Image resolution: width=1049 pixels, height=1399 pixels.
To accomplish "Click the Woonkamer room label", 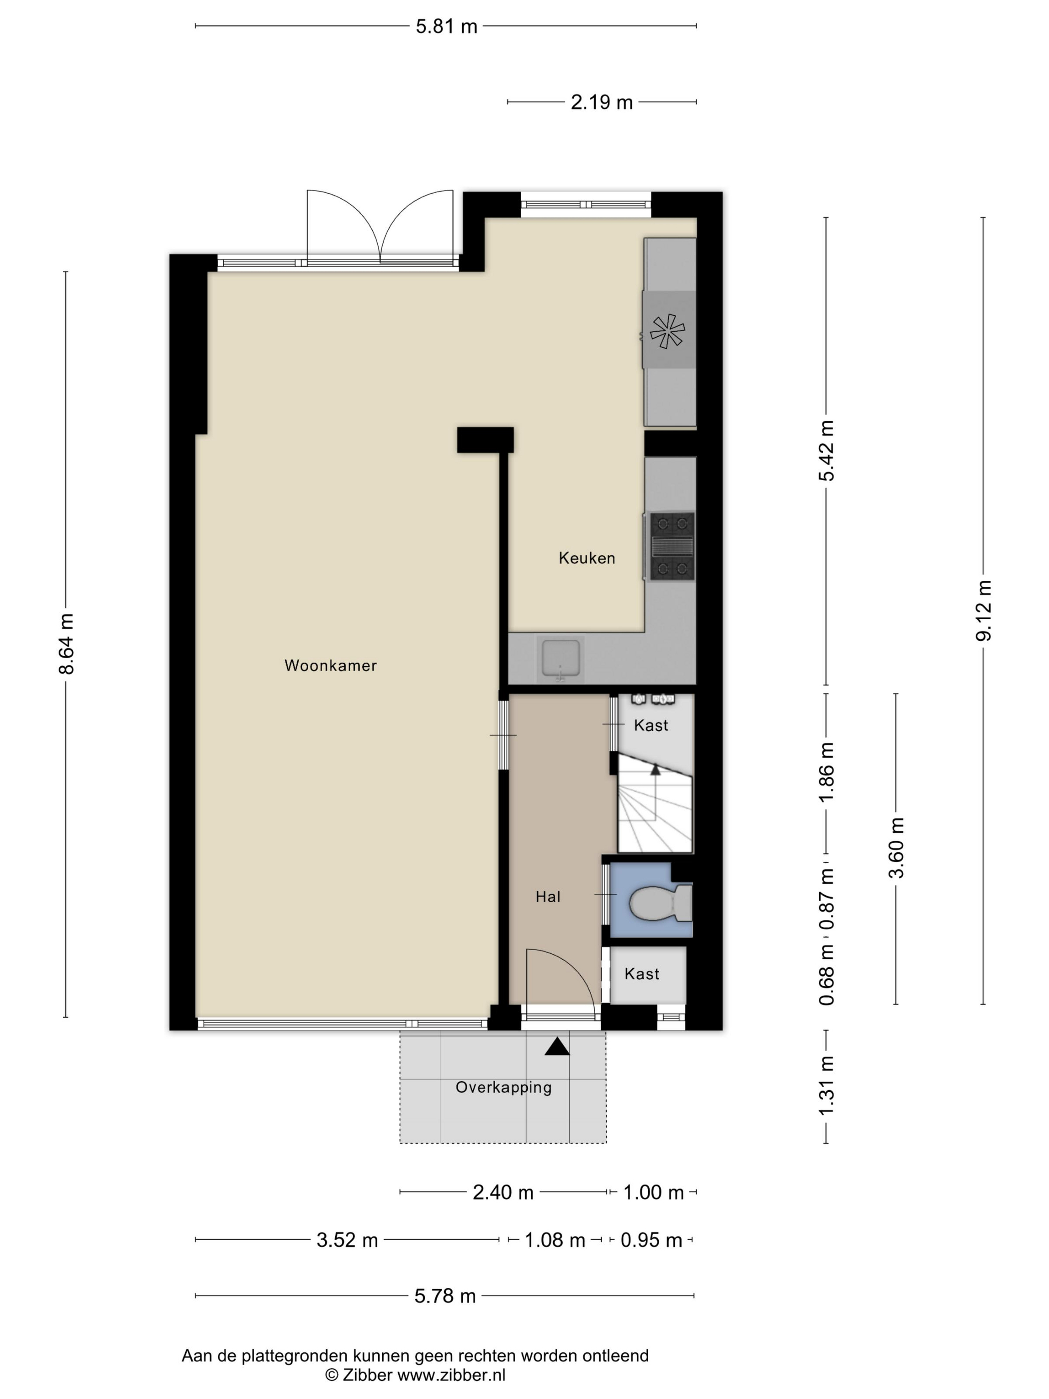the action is [330, 666].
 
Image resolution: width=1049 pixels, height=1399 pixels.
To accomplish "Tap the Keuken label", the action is [587, 558].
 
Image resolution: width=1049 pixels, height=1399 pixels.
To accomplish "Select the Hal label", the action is [547, 897].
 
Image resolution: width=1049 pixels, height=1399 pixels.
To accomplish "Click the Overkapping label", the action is [504, 1087].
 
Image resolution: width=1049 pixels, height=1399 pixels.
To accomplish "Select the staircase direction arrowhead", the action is [655, 770].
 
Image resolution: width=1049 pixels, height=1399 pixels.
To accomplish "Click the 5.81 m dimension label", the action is [446, 27].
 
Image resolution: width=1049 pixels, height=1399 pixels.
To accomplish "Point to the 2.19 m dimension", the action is [601, 102].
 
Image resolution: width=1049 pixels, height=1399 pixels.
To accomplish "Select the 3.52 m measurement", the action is [347, 1240].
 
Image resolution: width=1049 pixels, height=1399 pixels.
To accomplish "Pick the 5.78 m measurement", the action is [445, 1296].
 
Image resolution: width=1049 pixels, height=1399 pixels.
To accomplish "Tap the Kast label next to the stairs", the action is [651, 725].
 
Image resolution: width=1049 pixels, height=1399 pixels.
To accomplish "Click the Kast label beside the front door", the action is [642, 974].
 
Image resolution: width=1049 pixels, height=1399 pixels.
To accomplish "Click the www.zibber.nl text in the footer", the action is [451, 1375].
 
